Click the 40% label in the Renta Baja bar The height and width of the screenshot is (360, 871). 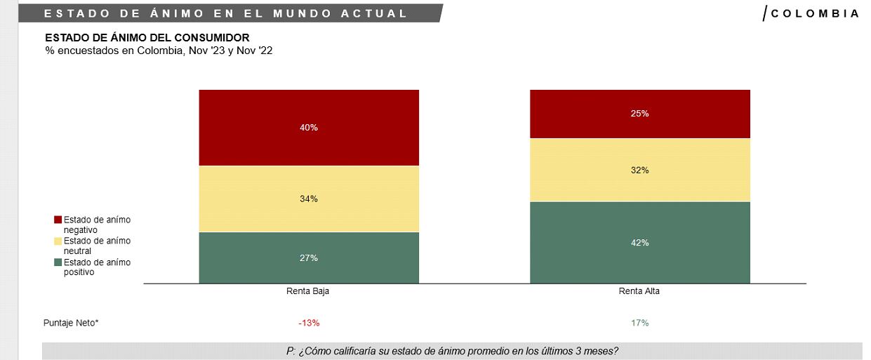(309, 128)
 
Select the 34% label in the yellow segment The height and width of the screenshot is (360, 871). (309, 199)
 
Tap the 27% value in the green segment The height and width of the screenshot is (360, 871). (309, 258)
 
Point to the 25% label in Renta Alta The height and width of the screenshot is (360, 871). (639, 114)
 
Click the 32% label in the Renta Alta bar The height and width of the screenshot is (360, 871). (639, 171)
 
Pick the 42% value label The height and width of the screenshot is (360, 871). (639, 243)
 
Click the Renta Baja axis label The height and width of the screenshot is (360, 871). (308, 292)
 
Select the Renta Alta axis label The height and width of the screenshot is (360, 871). (639, 292)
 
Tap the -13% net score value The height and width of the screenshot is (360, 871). (309, 323)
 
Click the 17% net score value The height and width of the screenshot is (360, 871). (639, 323)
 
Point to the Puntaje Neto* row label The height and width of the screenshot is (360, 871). (71, 323)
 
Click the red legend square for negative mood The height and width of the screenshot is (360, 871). (58, 220)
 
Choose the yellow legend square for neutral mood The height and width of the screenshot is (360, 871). (58, 241)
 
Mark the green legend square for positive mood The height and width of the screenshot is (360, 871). (58, 262)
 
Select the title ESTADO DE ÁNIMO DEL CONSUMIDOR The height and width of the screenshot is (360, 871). (147, 38)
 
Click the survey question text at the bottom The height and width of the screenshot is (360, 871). (452, 351)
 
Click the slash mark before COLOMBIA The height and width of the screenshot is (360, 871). (765, 13)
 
